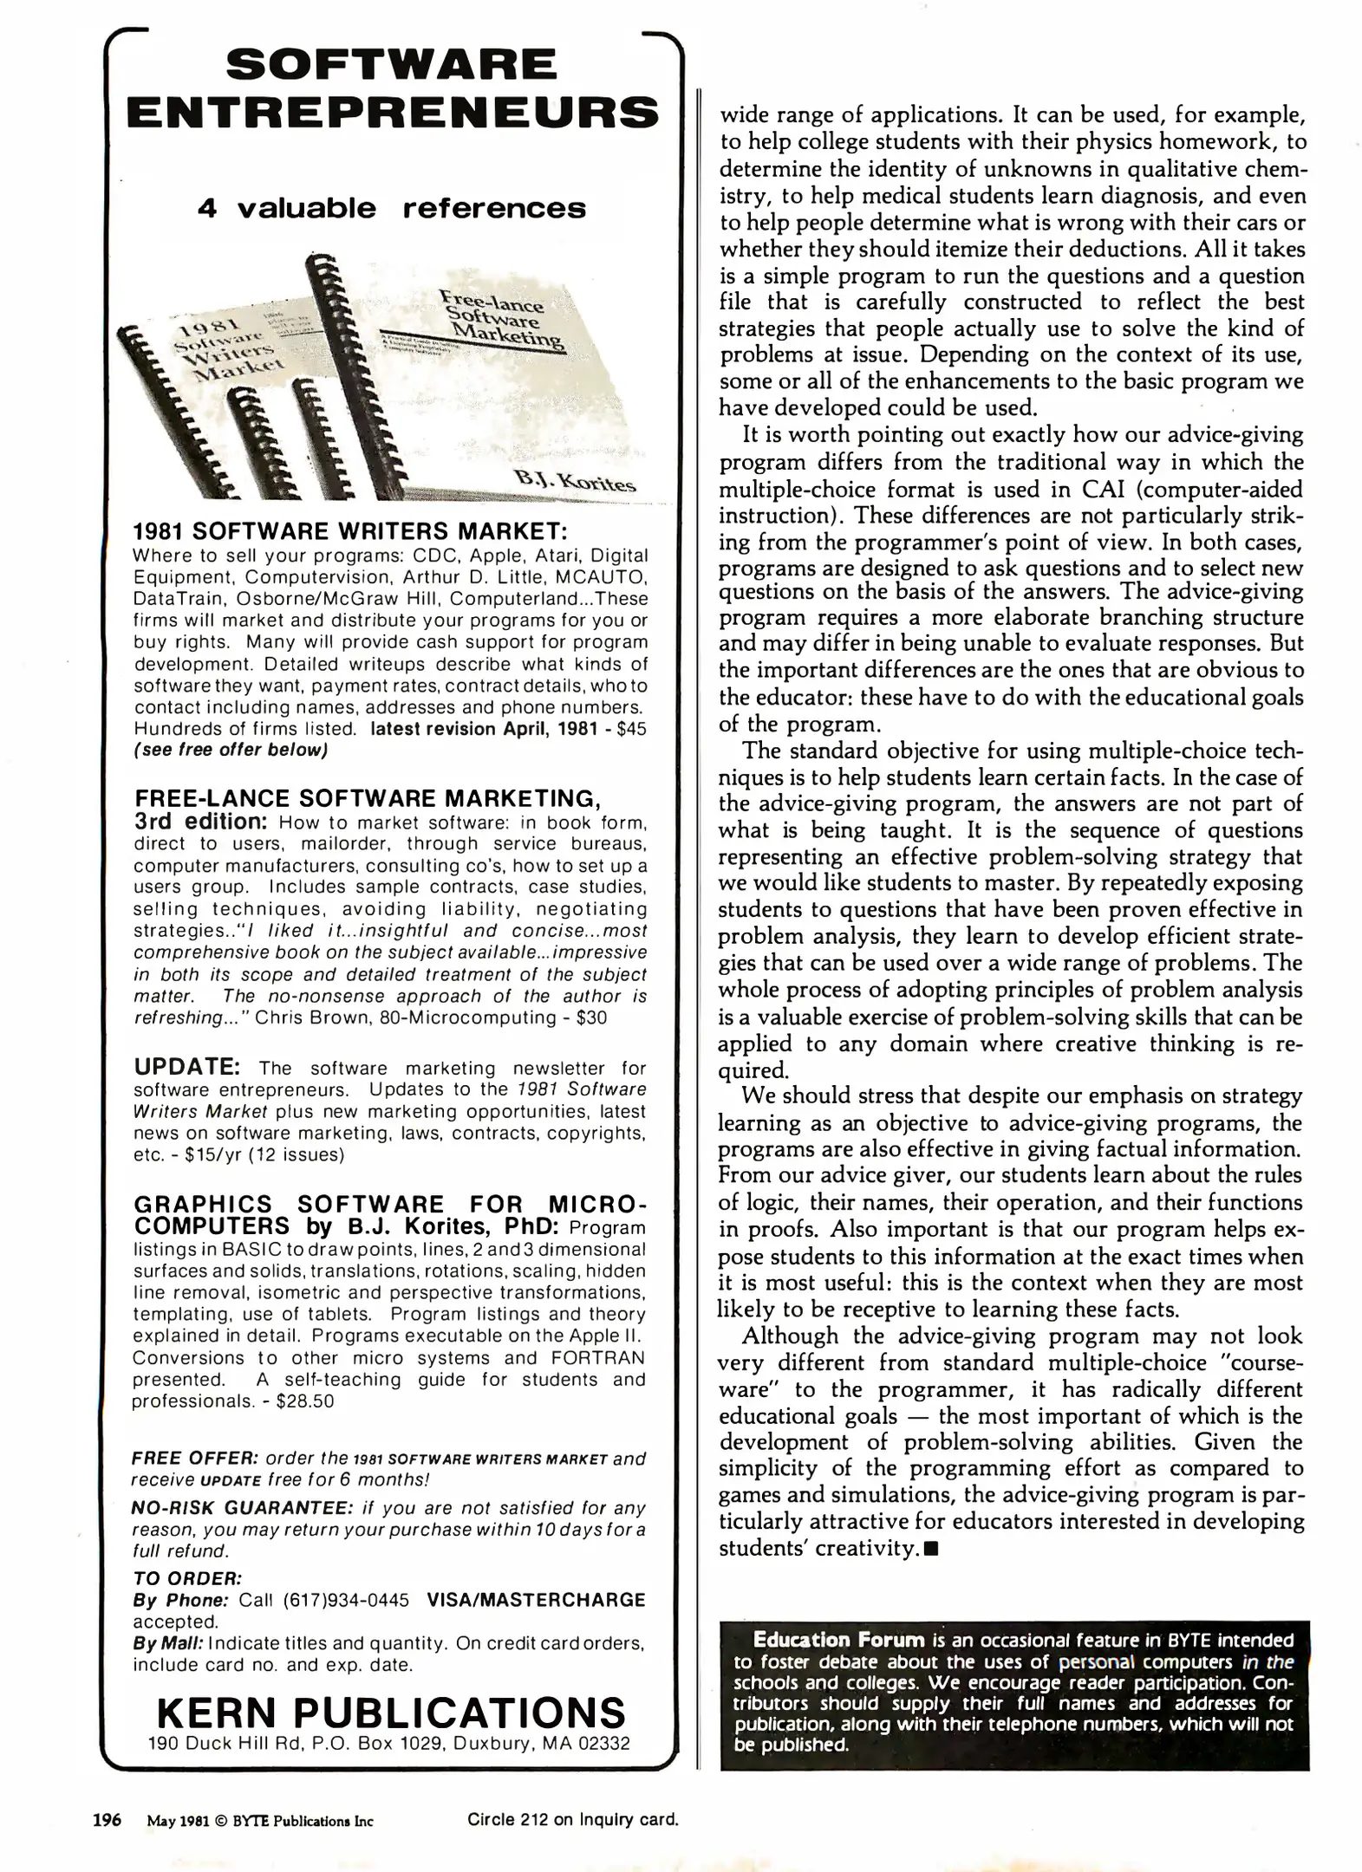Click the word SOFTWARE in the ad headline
392,66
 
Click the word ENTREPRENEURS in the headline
392,114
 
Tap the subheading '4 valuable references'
392,209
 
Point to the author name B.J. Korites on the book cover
575,478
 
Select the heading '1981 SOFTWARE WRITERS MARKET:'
349,530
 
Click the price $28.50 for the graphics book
304,1401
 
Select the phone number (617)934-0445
346,1600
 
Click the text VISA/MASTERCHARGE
536,1600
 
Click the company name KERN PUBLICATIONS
391,1713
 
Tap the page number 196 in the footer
107,1819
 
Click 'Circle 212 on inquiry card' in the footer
572,1819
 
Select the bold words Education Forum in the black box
838,1640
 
